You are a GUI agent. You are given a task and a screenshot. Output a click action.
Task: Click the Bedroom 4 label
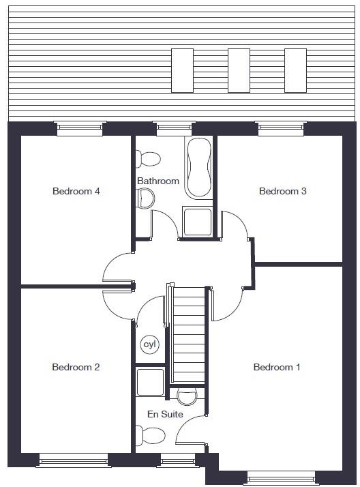tap(76, 191)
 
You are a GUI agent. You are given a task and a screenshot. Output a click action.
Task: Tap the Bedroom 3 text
tap(282, 191)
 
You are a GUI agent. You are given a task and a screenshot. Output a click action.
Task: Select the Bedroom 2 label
tap(76, 367)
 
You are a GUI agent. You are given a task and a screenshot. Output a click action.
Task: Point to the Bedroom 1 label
tap(276, 367)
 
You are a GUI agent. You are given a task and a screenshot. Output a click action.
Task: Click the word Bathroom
tap(157, 181)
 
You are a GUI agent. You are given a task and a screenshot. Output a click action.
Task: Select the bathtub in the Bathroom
tap(198, 167)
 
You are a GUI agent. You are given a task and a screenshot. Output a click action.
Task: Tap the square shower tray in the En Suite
tap(150, 383)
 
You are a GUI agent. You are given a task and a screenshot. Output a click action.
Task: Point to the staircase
tap(189, 334)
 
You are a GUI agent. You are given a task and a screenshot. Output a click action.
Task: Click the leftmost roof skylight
tap(182, 70)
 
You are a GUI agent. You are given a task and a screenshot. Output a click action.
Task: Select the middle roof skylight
tap(239, 70)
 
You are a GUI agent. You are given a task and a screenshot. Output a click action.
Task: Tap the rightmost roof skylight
tap(295, 70)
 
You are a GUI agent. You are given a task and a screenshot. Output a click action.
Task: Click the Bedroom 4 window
tap(80, 128)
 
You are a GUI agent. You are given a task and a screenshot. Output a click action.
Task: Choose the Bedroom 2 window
tap(73, 460)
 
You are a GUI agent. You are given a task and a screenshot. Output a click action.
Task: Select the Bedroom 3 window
tap(280, 128)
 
